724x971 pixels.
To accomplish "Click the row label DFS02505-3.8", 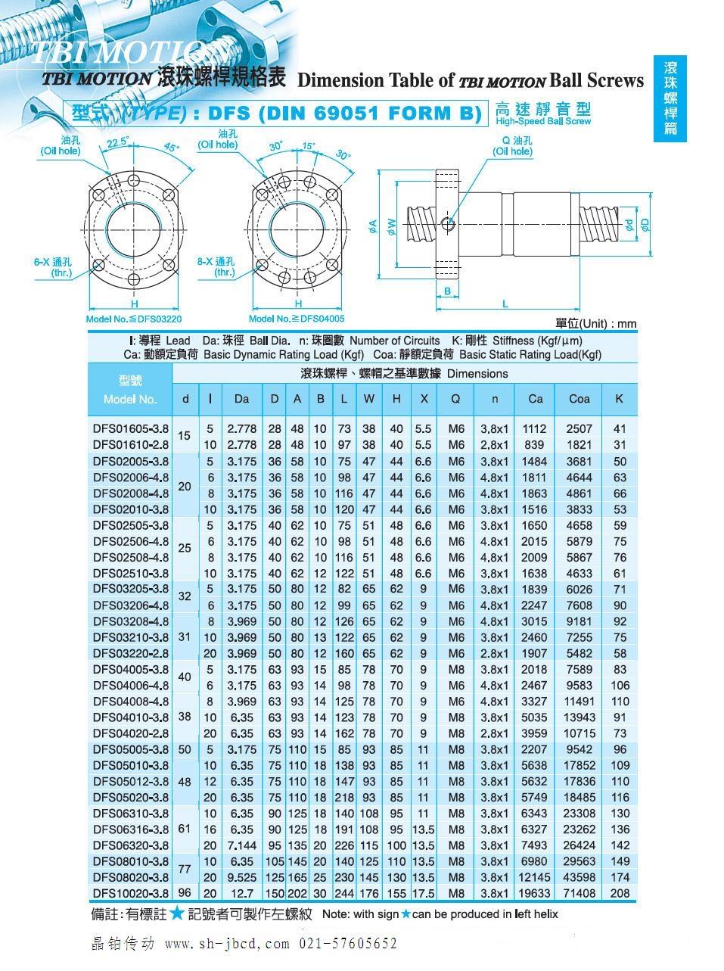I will [x=131, y=525].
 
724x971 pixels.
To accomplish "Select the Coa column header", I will [x=579, y=399].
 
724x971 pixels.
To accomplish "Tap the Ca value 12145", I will [x=535, y=877].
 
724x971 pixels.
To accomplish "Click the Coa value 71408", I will [x=579, y=893].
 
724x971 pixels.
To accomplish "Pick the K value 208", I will [x=620, y=893].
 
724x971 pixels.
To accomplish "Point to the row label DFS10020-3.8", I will [x=131, y=893].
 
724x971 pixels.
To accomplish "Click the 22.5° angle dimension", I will [x=117, y=142].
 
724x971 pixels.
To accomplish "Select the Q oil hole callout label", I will [x=513, y=146].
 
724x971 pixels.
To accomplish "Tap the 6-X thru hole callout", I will [x=52, y=266].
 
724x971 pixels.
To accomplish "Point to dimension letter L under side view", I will [x=505, y=303].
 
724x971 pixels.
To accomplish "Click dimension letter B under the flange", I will [x=447, y=291].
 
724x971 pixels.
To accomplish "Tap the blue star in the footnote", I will [x=177, y=913].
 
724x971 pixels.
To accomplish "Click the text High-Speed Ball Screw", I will [x=543, y=121].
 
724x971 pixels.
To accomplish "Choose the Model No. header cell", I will [x=130, y=389].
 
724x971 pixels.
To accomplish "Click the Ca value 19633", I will [x=535, y=893].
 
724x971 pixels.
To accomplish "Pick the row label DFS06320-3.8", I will [x=131, y=845].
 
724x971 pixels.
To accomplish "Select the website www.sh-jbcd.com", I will [x=227, y=944].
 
